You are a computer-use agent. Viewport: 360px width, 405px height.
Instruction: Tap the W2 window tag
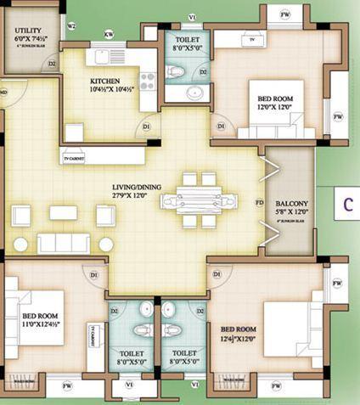pos(71,26)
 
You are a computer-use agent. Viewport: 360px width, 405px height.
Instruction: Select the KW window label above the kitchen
pos(108,34)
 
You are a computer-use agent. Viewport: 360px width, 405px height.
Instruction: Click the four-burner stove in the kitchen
pos(147,82)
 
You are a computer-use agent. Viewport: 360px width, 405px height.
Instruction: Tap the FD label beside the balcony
pos(259,203)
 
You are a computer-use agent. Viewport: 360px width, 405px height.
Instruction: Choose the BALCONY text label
pos(290,204)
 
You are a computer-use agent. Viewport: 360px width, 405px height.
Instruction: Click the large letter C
pos(348,204)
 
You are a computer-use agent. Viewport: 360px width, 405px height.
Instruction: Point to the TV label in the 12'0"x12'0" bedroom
pos(251,39)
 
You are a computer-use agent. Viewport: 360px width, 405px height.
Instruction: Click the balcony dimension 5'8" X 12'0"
pos(290,214)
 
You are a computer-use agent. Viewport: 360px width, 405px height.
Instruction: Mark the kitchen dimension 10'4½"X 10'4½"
pos(109,92)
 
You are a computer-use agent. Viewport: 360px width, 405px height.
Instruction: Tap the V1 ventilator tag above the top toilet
pos(192,17)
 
